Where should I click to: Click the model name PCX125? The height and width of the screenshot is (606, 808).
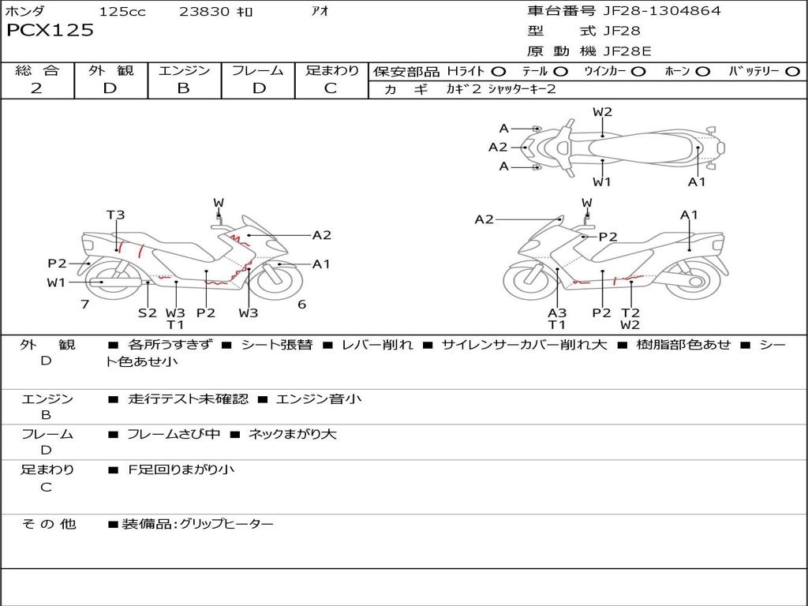pos(50,31)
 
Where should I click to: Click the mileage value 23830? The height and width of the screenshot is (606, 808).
pos(204,12)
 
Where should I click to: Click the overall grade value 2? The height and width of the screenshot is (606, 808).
pos(36,88)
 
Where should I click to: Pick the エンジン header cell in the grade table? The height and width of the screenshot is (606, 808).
pos(184,70)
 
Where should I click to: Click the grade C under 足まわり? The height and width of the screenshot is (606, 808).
pos(331,88)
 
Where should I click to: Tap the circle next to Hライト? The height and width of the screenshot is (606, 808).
pos(499,71)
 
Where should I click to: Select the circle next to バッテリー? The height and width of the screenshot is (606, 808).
pos(792,71)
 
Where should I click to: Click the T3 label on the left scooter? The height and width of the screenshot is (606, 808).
pos(116,215)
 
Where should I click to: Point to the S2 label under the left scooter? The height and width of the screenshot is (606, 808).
pos(148,312)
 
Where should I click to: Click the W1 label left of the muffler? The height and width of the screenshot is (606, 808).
pos(56,282)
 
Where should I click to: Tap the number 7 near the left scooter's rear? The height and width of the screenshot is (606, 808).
pos(84,305)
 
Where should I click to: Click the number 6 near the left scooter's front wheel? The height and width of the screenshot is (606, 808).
pos(301,305)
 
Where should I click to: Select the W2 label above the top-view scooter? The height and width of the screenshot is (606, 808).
pos(602,112)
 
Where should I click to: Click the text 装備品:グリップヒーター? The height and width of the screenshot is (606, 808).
pos(197,523)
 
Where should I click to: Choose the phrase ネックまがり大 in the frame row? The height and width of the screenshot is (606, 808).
pos(292,434)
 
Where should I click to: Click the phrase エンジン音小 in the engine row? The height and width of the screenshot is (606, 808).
pos(319,399)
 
